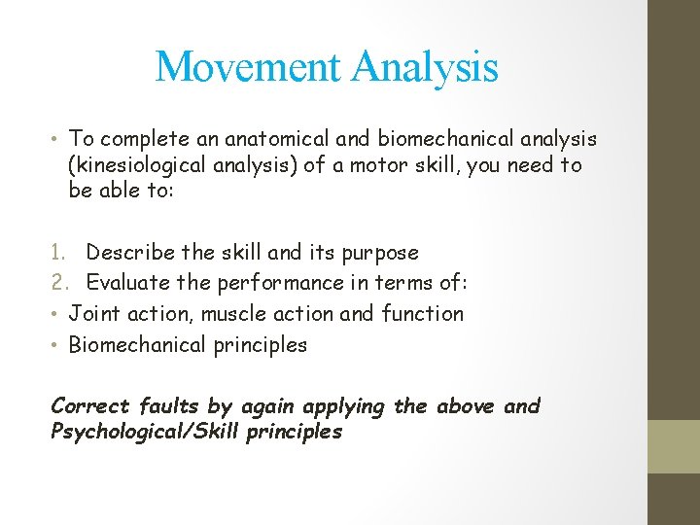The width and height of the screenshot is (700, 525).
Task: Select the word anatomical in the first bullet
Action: point(244,141)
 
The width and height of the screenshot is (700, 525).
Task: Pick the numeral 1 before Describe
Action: point(55,253)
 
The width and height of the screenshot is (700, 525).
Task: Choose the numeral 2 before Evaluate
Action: point(56,283)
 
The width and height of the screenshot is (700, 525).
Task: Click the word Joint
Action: point(92,314)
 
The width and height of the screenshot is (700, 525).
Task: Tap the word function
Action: point(426,314)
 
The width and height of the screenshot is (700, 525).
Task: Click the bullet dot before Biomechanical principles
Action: point(54,345)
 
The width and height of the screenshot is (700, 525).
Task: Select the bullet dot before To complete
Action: point(54,141)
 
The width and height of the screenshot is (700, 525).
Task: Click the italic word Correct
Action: point(88,406)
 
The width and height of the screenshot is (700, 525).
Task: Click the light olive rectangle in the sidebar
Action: point(674,446)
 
